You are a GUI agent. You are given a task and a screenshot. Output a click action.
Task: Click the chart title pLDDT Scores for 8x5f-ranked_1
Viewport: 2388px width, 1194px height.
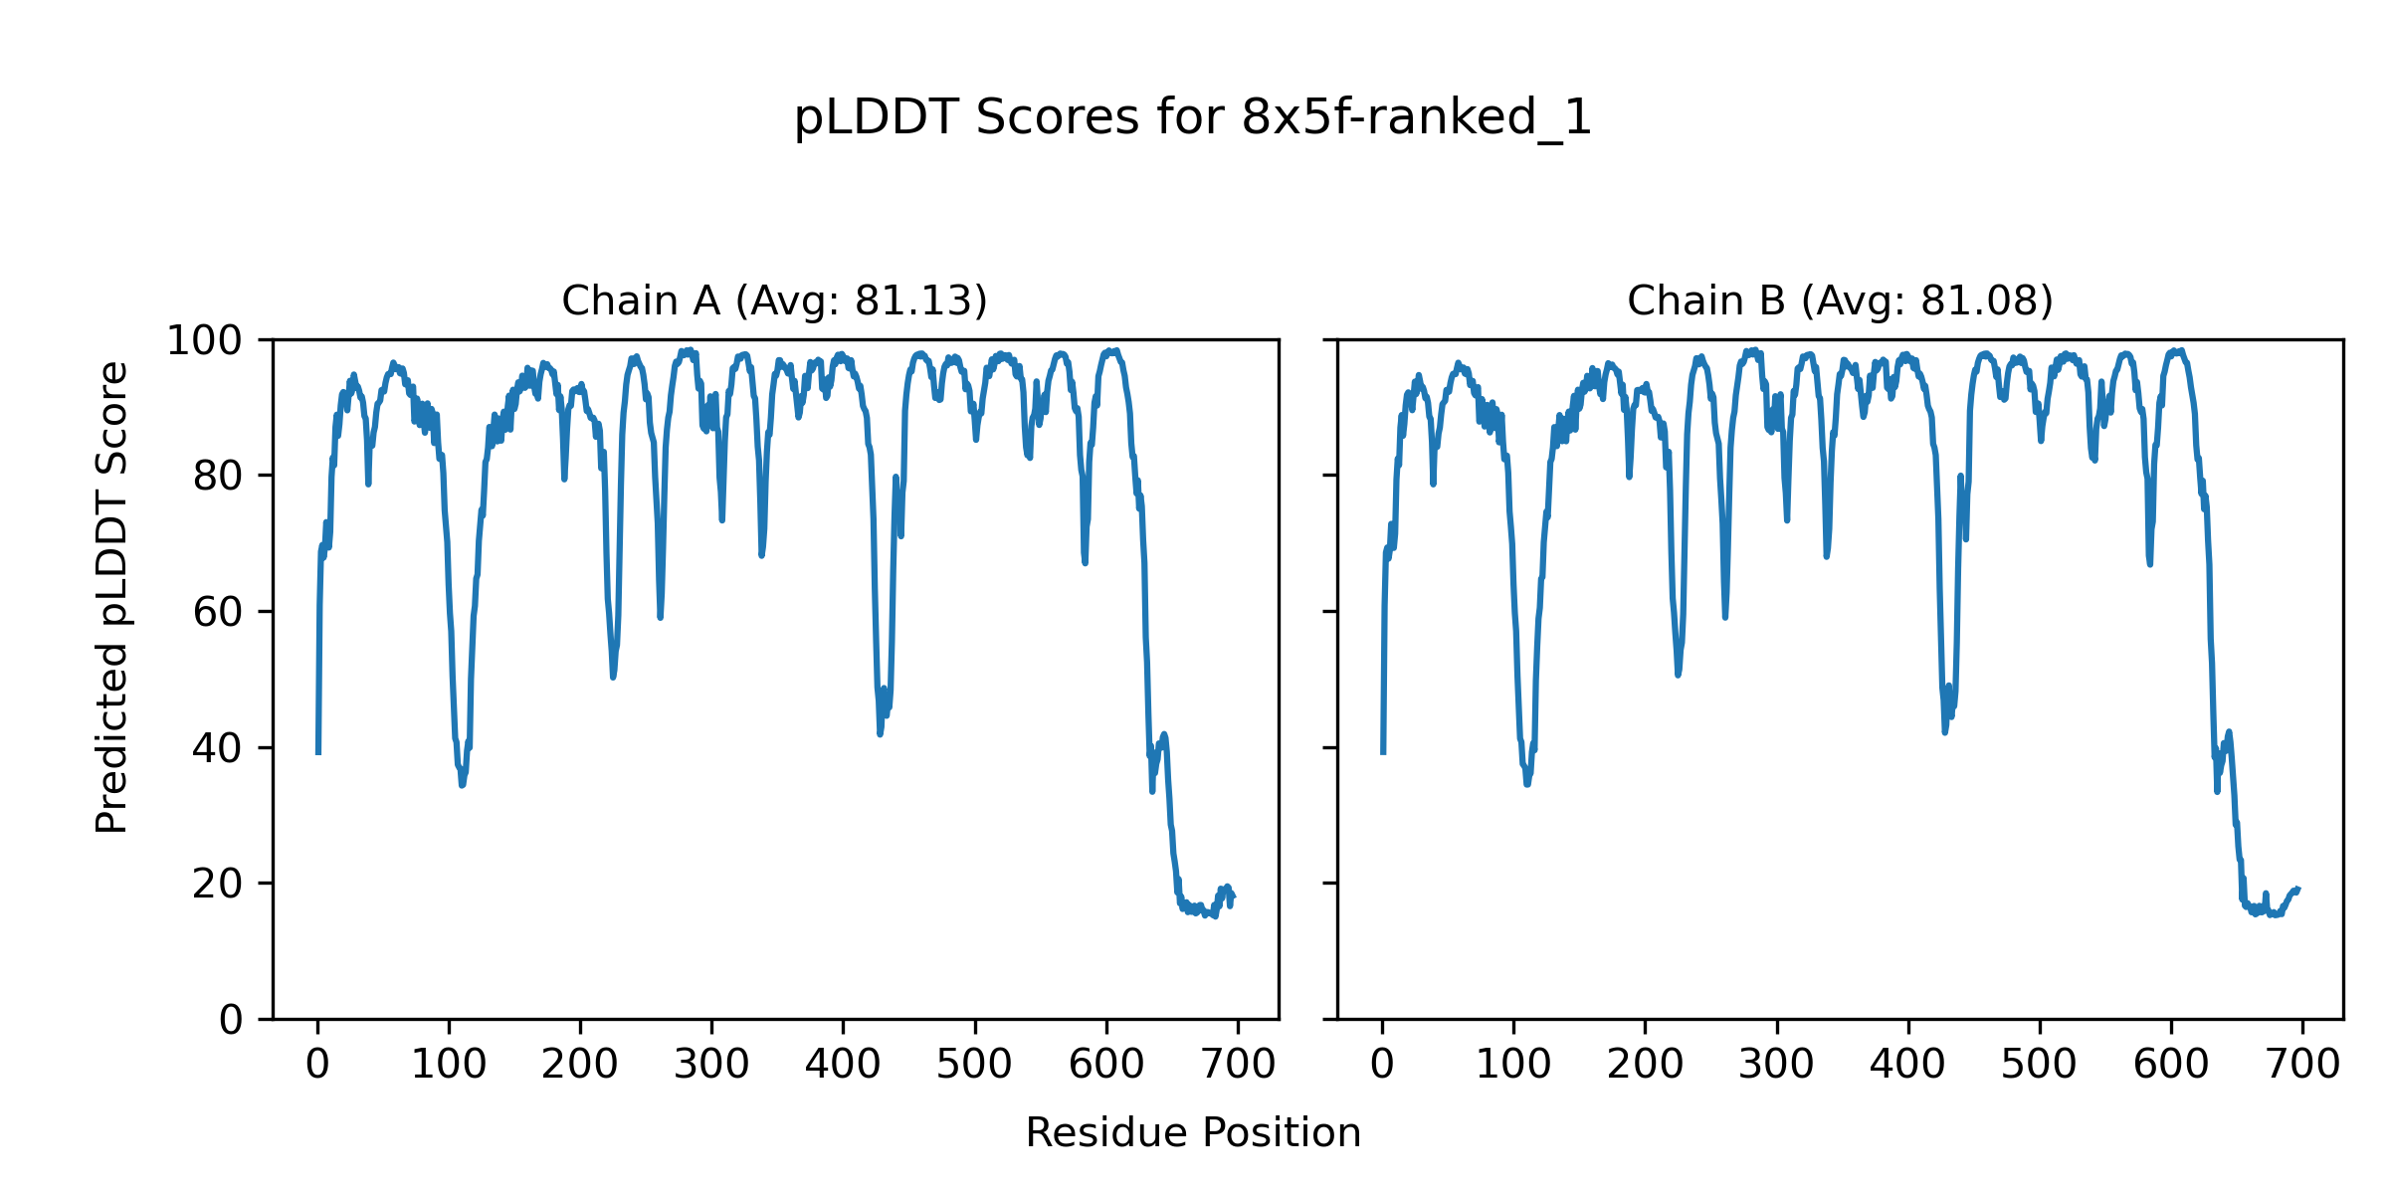click(x=1193, y=118)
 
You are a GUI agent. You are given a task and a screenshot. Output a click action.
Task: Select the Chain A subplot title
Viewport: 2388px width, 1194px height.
click(x=774, y=300)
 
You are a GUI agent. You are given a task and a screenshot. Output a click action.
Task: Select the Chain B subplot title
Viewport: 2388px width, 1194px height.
click(x=1840, y=300)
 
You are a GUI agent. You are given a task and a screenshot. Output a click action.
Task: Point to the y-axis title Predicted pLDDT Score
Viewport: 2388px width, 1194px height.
click(x=111, y=597)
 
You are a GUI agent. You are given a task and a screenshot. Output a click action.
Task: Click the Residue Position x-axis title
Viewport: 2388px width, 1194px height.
click(x=1193, y=1133)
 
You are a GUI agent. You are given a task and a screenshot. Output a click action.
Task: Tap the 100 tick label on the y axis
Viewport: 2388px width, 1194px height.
click(x=204, y=341)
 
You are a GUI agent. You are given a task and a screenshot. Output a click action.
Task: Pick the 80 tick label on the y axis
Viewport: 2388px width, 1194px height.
click(x=218, y=477)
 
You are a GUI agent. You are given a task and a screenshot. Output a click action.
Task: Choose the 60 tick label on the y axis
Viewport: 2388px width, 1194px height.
click(x=218, y=612)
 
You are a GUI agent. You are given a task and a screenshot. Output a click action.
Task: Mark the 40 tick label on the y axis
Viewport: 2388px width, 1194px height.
click(x=218, y=748)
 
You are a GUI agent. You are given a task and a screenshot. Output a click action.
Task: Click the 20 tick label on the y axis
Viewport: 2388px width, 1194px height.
click(x=218, y=884)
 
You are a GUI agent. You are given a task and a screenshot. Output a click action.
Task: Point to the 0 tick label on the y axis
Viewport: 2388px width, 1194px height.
click(x=231, y=1020)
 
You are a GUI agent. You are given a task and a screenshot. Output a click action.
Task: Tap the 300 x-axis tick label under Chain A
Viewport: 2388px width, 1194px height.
click(x=711, y=1065)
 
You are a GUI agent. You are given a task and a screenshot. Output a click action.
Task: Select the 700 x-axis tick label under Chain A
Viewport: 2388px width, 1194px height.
click(x=1238, y=1065)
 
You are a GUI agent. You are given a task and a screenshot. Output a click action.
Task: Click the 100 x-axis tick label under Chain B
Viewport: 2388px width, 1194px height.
click(x=1513, y=1065)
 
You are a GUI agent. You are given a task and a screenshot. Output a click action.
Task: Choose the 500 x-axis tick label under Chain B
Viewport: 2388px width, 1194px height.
click(x=2040, y=1065)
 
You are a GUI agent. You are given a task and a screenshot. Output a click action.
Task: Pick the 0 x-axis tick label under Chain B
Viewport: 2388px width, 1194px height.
click(x=1382, y=1065)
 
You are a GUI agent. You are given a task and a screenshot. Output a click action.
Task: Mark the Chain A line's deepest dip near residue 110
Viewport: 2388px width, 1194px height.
click(x=462, y=785)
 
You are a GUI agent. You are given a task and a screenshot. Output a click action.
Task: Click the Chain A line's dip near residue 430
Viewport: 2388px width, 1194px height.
click(x=880, y=733)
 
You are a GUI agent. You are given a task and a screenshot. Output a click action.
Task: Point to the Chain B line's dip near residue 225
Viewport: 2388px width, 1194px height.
click(x=1678, y=675)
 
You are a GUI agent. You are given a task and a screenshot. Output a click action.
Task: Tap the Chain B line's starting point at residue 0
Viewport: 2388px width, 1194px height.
click(x=1382, y=752)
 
